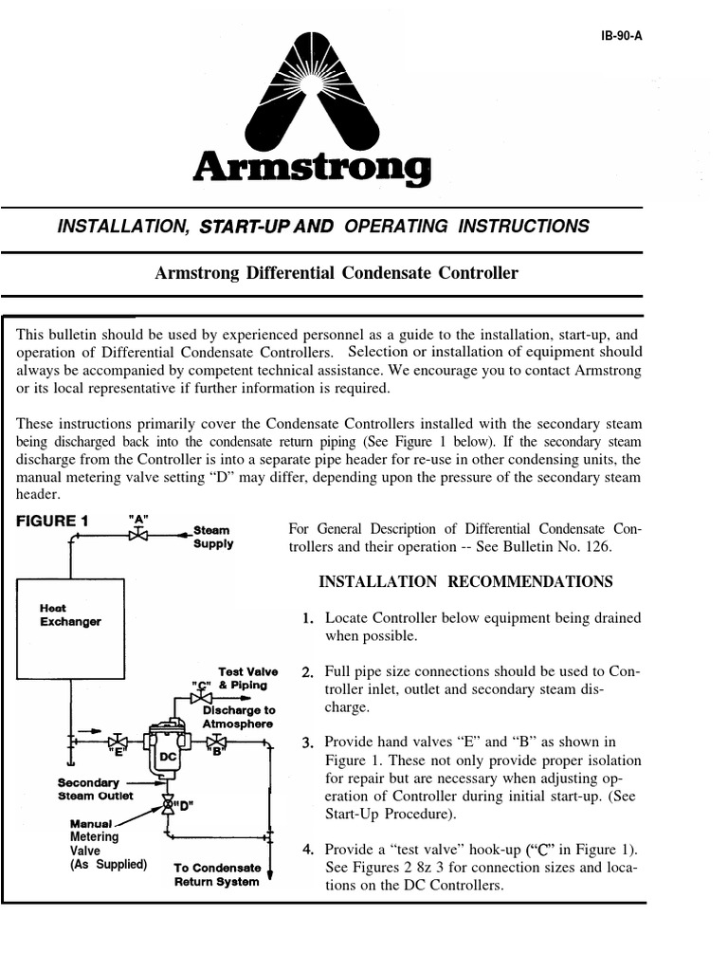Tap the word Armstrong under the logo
point(312,171)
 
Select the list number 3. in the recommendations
point(307,742)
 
